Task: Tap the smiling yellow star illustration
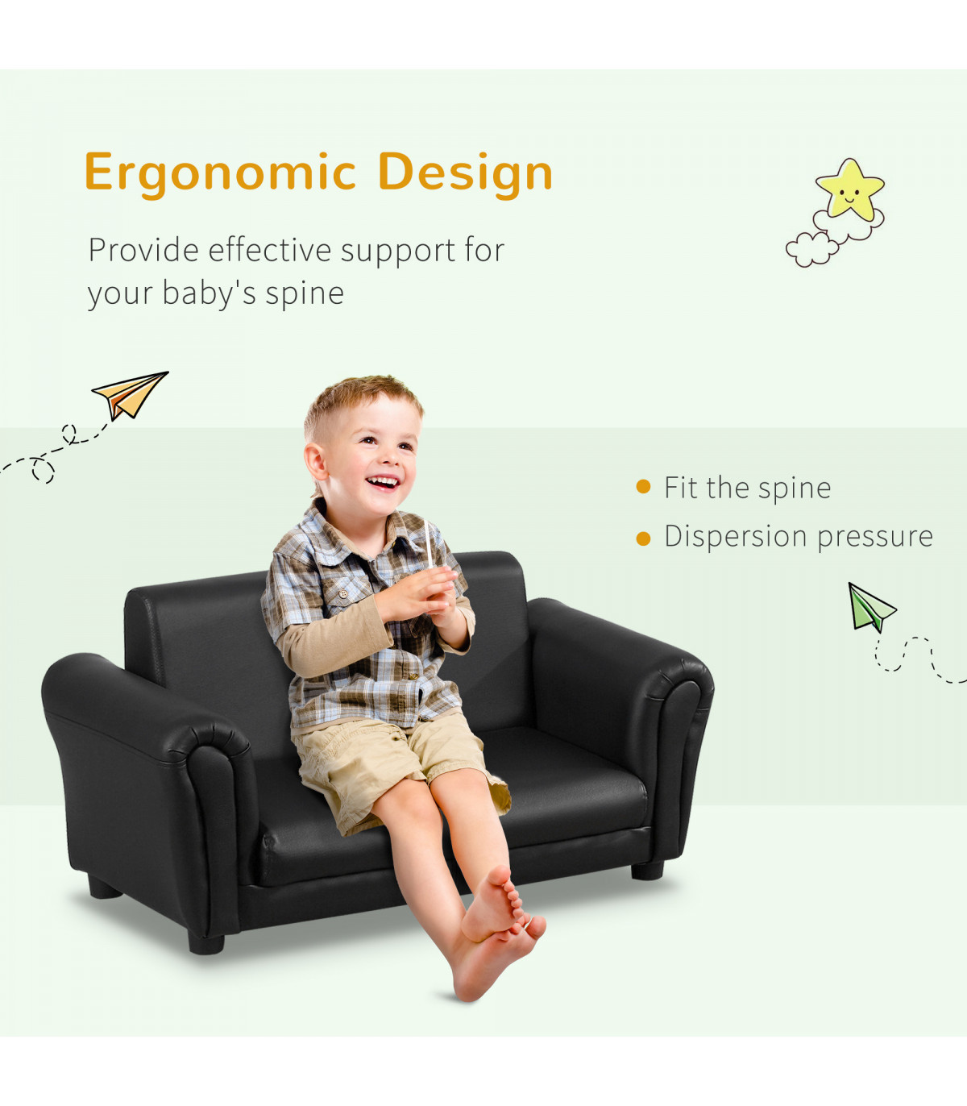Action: [849, 189]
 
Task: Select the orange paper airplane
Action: [130, 395]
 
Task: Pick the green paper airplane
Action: [869, 607]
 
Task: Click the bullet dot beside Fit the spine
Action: [643, 487]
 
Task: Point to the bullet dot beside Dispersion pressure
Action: [643, 538]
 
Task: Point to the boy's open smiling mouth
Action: [383, 481]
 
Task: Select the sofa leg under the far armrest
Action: [647, 871]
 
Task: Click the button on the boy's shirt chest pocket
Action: [342, 594]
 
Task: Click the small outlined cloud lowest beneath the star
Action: [811, 249]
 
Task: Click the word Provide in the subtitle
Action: [143, 250]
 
